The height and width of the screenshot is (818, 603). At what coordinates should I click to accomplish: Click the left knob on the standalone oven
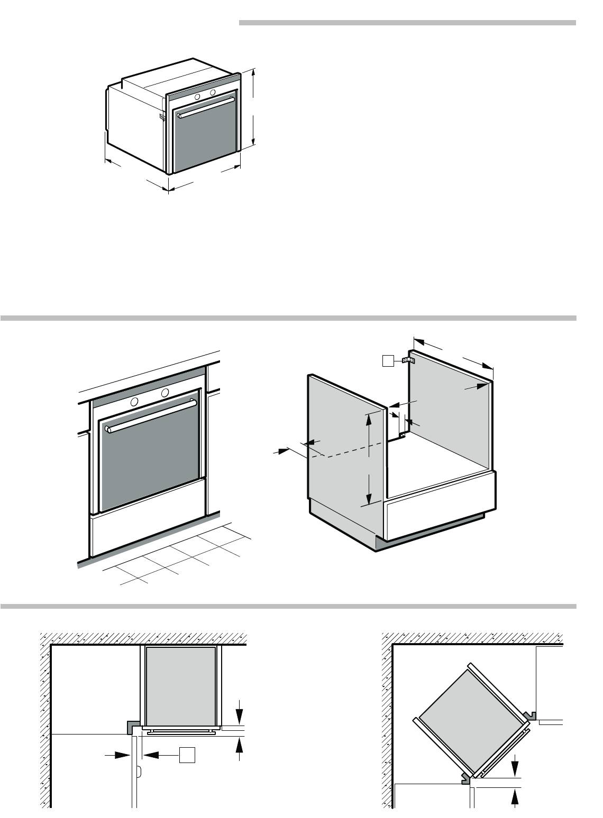197,97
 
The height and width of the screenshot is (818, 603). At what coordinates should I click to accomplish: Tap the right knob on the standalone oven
213,92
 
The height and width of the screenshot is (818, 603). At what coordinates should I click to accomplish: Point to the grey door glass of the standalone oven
204,137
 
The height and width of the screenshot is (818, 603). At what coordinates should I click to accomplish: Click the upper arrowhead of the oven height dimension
254,73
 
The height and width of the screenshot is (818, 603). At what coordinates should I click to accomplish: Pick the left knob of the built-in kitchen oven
134,402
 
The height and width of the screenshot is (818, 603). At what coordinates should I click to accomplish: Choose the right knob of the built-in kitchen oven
165,393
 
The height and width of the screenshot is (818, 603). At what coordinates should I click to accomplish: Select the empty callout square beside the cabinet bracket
388,361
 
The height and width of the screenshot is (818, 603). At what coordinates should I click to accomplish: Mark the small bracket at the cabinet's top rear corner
408,360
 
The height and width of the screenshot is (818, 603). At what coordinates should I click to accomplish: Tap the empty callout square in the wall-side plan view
187,755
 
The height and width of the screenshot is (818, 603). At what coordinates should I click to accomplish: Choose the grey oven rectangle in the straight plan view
181,685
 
